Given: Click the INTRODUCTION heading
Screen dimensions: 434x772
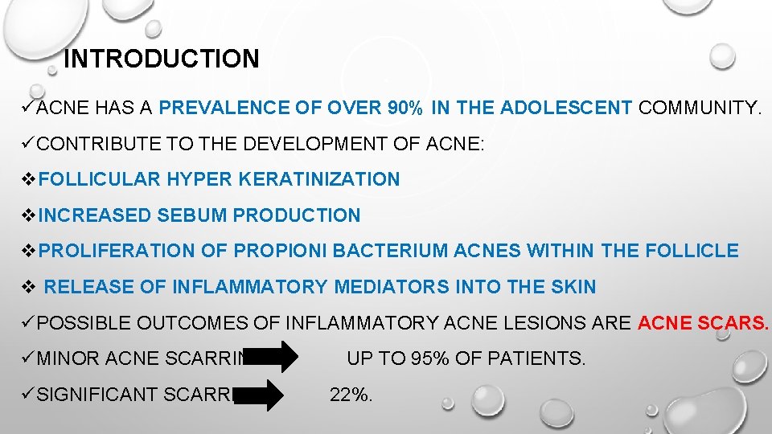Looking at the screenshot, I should coord(161,59).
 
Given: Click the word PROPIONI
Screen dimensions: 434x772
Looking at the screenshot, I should coord(280,251).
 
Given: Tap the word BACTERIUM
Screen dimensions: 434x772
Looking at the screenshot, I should coord(391,251).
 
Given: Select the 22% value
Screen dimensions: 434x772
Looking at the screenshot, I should coord(351,395).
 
